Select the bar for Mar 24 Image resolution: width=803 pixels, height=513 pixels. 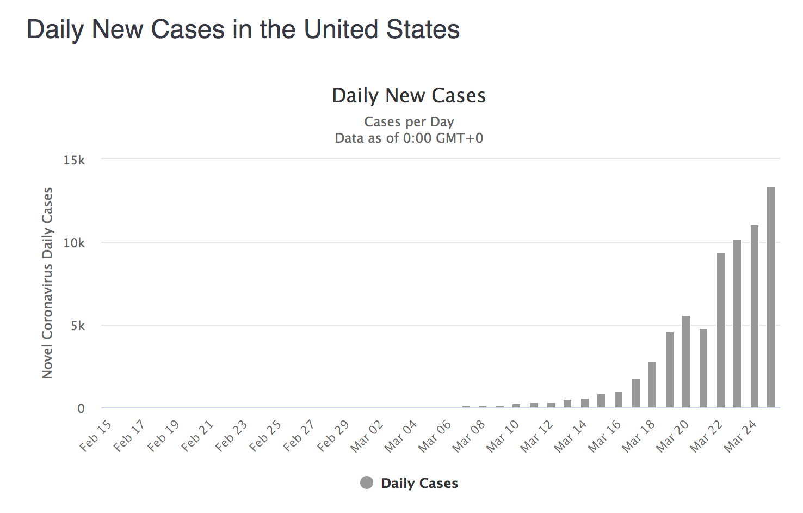point(755,316)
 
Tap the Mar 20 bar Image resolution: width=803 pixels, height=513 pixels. point(686,362)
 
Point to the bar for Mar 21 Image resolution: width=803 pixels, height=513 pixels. point(703,368)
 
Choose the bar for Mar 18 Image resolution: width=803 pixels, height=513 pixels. point(652,384)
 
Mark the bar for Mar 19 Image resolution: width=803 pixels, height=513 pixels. point(670,370)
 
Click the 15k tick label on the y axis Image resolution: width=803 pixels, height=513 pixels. point(74,160)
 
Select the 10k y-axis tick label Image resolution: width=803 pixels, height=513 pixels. point(74,243)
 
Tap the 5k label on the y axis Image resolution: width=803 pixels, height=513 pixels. point(78,326)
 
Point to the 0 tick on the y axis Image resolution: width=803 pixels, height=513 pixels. point(81,408)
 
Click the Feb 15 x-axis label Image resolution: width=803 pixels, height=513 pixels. point(96,436)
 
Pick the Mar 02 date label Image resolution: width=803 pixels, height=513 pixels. point(367,436)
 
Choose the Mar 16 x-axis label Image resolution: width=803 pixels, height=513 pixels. point(604,436)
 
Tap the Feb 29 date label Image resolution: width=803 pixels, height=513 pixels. point(333,436)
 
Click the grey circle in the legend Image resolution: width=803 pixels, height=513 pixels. point(367,483)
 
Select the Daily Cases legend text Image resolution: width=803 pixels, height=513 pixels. point(419,483)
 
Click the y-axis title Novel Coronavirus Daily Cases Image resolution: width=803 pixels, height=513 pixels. point(48,283)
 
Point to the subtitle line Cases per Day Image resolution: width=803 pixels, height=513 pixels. point(409,121)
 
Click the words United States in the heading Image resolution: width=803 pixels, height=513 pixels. point(382,29)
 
